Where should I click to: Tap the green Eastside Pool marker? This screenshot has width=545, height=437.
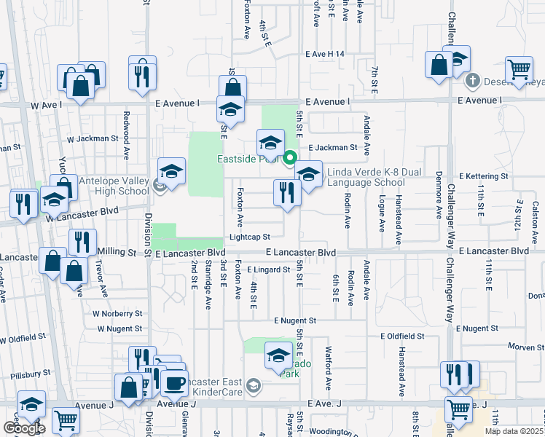click(x=290, y=157)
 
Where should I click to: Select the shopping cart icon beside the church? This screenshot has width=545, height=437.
click(x=519, y=70)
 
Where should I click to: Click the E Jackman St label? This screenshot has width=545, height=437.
click(x=332, y=147)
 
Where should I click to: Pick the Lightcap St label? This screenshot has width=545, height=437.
click(x=250, y=237)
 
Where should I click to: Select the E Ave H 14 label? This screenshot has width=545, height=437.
click(x=325, y=54)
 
